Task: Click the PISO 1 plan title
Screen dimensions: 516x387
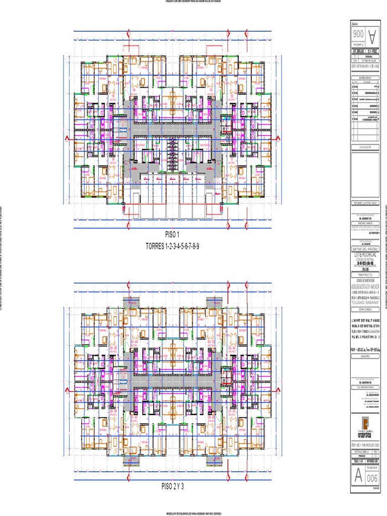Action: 172,235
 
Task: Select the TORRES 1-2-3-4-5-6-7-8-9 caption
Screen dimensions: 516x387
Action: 172,246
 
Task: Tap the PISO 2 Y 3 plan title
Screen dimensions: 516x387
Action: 172,486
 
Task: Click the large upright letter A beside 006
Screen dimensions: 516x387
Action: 358,476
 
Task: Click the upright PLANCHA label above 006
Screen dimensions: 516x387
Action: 371,467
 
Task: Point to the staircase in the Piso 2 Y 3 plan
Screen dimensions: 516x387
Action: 122,375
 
